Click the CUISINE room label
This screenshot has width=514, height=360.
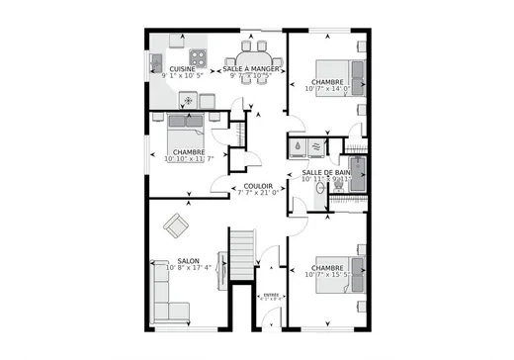point(183,69)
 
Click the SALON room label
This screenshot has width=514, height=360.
point(161,261)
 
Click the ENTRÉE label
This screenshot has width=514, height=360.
point(268,294)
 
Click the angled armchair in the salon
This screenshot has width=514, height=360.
point(177,225)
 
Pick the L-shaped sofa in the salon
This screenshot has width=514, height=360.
point(163,297)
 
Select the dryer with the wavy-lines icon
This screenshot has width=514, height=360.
point(316,146)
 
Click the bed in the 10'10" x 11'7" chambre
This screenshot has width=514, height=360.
point(185,126)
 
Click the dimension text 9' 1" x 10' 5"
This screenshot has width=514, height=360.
point(183,75)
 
